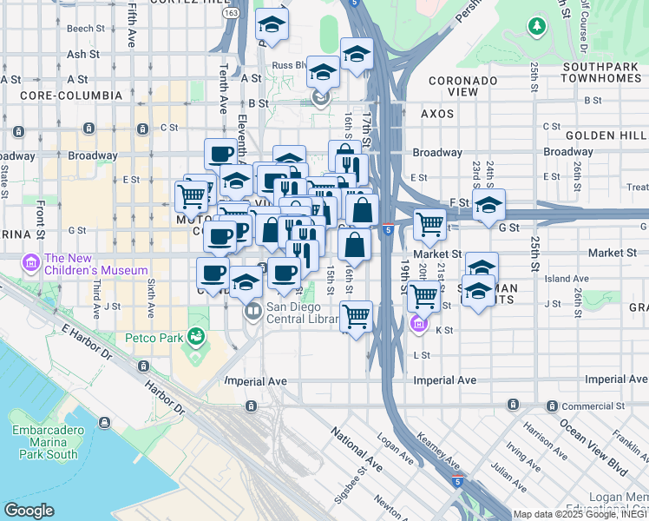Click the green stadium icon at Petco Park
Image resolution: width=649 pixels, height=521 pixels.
(196, 335)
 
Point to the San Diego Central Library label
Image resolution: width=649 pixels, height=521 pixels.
(302, 313)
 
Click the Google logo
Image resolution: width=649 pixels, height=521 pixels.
(29, 511)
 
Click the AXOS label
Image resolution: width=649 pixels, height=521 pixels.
(438, 114)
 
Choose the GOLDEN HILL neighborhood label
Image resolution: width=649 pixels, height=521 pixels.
(606, 136)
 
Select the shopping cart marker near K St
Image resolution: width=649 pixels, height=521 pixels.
(356, 316)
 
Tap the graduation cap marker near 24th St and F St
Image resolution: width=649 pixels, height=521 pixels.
(489, 205)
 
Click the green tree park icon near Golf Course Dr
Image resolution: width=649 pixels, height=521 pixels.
(538, 27)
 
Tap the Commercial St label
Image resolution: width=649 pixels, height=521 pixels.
(593, 406)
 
